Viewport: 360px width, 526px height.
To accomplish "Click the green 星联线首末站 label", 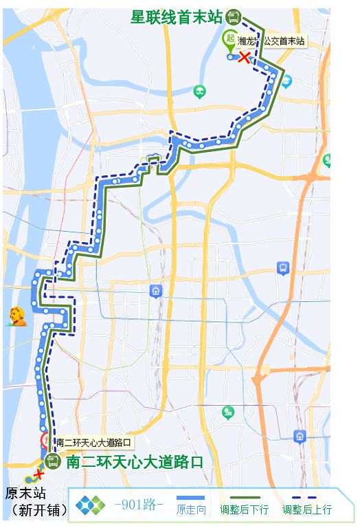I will point(177,17).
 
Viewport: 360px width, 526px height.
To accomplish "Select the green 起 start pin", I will point(229,40).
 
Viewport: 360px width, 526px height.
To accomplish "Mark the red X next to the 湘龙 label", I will point(243,57).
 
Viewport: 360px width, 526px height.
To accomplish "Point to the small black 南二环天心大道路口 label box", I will point(92,442).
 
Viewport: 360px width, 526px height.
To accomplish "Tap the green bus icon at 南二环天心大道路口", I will point(53,461).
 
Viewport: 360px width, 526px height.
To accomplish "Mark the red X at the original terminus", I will point(38,474).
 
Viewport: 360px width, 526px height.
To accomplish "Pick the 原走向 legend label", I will point(191,510).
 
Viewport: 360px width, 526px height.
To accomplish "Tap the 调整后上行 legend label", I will point(307,510).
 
